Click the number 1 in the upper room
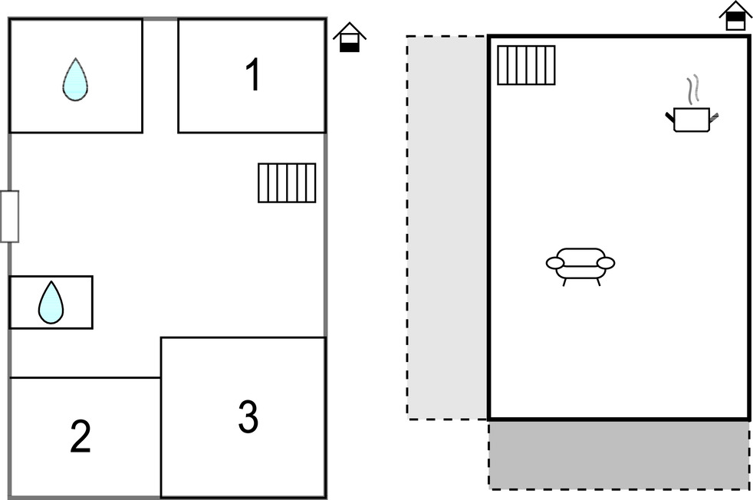[x=252, y=75]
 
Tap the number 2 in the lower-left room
[x=81, y=436]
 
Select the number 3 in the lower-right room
[x=247, y=416]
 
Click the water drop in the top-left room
[x=74, y=80]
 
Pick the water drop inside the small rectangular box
[x=51, y=302]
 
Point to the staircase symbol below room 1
[x=287, y=183]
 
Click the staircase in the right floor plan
[x=526, y=65]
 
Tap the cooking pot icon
[x=692, y=119]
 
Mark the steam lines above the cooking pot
[x=694, y=90]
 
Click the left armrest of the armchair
[x=555, y=264]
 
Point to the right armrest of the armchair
[x=606, y=264]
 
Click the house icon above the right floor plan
[x=735, y=16]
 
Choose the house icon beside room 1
[x=350, y=38]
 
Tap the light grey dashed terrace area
[x=447, y=227]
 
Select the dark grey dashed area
[x=619, y=454]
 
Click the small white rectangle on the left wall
[x=9, y=216]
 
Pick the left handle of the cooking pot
[x=669, y=116]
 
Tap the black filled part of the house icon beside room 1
[x=350, y=46]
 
